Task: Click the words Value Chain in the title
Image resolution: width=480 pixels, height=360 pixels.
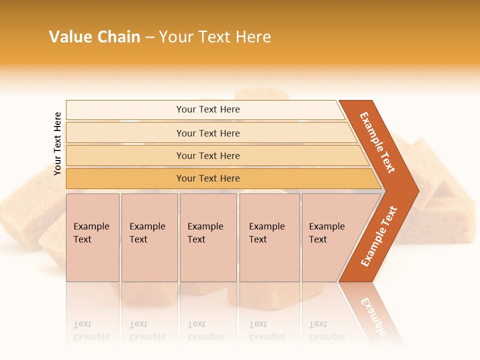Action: pyautogui.click(x=94, y=37)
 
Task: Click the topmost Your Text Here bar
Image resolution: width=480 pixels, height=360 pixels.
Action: pyautogui.click(x=208, y=109)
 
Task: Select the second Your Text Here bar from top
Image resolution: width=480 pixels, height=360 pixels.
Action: pyautogui.click(x=208, y=133)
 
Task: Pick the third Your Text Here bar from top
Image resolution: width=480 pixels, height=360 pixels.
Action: pyautogui.click(x=208, y=155)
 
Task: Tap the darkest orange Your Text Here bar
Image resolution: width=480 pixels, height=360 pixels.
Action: pyautogui.click(x=208, y=178)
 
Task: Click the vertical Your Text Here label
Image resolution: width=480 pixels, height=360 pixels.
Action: pyautogui.click(x=57, y=143)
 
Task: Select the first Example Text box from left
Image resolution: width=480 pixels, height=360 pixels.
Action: pyautogui.click(x=92, y=237)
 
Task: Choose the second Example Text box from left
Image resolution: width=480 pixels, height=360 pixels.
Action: pyautogui.click(x=149, y=237)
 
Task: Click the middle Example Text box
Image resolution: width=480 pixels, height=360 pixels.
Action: pyautogui.click(x=208, y=237)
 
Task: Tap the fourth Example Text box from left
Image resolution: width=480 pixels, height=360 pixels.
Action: pyautogui.click(x=269, y=237)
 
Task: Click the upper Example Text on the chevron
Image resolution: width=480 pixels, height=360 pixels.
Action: pyautogui.click(x=377, y=142)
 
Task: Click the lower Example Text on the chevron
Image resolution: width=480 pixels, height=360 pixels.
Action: pyautogui.click(x=379, y=236)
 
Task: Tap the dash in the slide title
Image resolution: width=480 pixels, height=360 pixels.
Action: pyautogui.click(x=149, y=37)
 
